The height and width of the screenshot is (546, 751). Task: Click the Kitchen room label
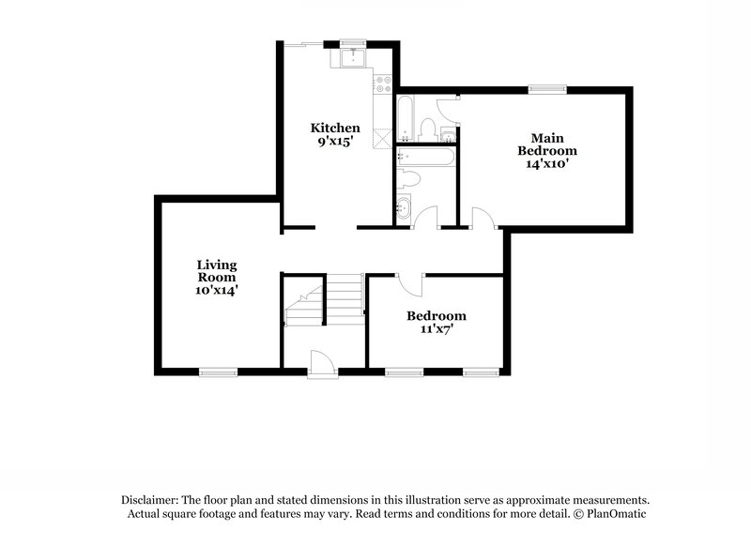pos(335,128)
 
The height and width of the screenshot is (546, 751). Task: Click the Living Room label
pos(216,271)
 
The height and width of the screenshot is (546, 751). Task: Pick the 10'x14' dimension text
pos(216,291)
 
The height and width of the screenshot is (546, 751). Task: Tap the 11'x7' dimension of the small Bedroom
pos(436,329)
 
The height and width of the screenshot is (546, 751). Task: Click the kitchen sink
pos(354,59)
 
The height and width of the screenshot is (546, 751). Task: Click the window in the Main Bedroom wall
pos(546,89)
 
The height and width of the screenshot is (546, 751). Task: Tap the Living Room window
pos(217,372)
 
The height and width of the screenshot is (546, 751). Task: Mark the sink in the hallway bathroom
pos(406,208)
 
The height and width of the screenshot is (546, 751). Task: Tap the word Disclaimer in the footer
pos(150,500)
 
